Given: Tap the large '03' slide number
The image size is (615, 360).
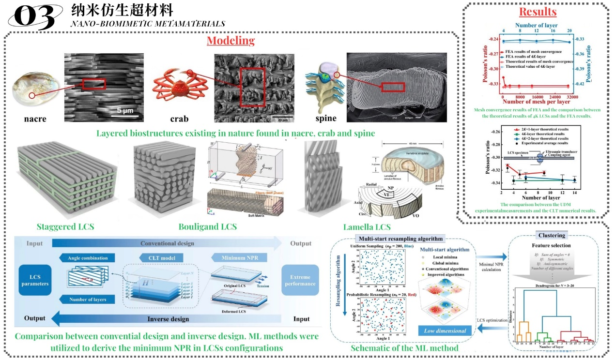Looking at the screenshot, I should tap(34, 17).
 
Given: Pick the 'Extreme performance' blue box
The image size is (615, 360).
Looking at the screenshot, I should tap(300, 280).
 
